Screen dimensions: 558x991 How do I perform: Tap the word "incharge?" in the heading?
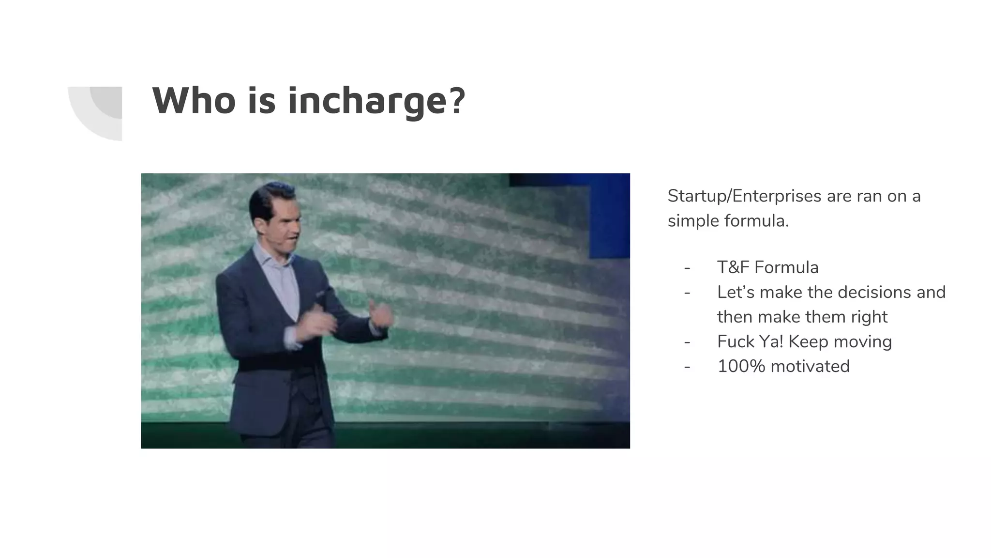click(376, 102)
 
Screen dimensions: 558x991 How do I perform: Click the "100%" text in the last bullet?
click(741, 366)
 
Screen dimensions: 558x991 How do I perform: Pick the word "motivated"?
click(810, 366)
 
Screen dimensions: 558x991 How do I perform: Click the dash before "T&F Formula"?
click(687, 267)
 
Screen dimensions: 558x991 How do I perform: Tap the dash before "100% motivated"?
click(687, 366)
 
